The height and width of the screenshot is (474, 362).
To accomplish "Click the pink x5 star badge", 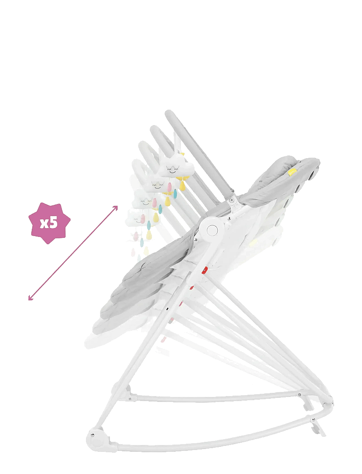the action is pyautogui.click(x=49, y=223).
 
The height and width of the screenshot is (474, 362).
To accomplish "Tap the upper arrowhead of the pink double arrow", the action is pyautogui.click(x=116, y=208).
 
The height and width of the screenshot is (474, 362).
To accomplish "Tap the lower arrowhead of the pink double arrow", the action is pyautogui.click(x=30, y=298).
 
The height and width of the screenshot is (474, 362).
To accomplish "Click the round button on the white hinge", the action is pyautogui.click(x=212, y=230).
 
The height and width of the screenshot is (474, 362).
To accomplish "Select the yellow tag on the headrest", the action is pyautogui.click(x=292, y=173).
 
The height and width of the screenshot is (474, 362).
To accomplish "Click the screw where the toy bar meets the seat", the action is pyautogui.click(x=231, y=200).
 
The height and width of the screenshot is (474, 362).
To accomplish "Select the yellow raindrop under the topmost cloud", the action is pyautogui.click(x=182, y=185).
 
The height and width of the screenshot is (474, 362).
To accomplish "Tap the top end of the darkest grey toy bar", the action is pyautogui.click(x=170, y=114).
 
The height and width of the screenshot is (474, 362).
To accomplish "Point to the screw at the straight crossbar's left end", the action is pyautogui.click(x=130, y=399).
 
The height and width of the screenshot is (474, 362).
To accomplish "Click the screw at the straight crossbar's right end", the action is pyautogui.click(x=299, y=395).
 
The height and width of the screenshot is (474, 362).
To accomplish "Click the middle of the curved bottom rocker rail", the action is pyautogui.click(x=208, y=442).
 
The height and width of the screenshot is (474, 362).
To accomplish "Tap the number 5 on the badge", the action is pyautogui.click(x=53, y=223).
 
